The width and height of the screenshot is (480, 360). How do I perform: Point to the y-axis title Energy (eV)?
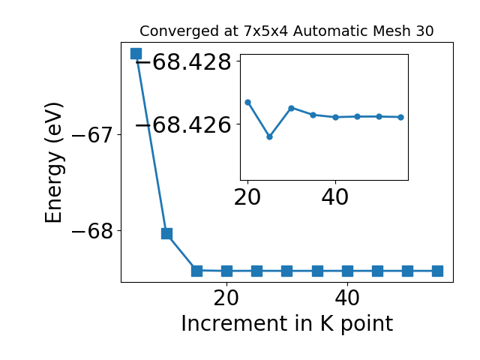(54, 163)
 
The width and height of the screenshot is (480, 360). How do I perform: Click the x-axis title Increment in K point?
(286, 324)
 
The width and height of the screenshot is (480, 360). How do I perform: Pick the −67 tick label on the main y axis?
(92, 135)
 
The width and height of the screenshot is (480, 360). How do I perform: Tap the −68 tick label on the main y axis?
(92, 231)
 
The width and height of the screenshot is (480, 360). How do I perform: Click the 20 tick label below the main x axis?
(226, 298)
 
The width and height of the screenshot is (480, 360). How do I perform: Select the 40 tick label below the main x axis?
(347, 298)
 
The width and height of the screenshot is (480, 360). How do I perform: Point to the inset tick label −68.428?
(184, 62)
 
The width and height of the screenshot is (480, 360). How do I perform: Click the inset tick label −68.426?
(184, 125)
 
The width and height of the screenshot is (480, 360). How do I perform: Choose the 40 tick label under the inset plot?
(335, 197)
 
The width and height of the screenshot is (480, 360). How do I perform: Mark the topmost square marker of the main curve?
(136, 53)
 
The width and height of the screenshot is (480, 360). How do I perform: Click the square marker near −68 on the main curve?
(166, 233)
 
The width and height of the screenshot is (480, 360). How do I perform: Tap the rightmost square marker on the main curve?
(438, 271)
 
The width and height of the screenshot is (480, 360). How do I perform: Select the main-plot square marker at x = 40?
(347, 271)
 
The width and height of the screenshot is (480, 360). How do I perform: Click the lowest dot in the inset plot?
(270, 136)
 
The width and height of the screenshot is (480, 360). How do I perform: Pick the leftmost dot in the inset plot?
(248, 102)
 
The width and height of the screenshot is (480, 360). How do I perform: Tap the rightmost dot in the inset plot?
(401, 117)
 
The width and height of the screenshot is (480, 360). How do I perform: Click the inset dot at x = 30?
(292, 108)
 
